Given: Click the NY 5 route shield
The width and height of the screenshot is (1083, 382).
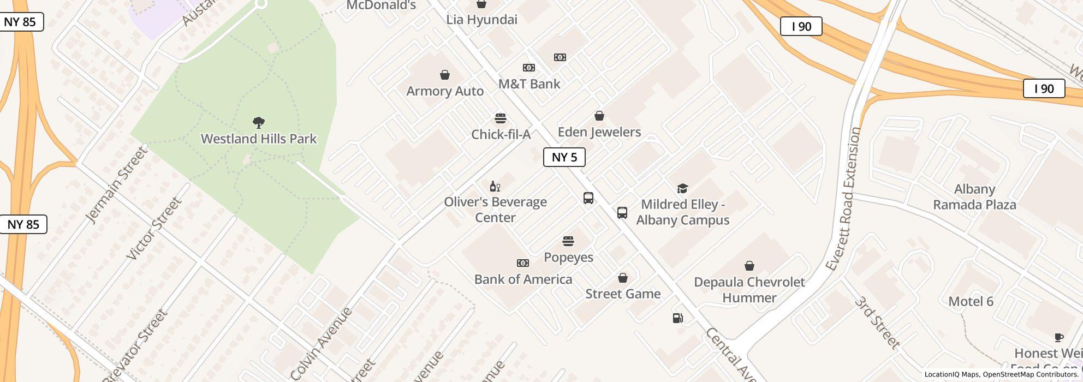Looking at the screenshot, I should click(564, 157).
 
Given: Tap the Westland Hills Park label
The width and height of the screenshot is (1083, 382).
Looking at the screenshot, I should click(259, 139).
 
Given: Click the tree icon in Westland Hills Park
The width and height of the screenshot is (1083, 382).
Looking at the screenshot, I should click(259, 122).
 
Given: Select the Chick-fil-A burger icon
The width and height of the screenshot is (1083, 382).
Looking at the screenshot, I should click(500, 118).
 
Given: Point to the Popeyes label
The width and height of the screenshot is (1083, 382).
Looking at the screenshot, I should click(568, 257).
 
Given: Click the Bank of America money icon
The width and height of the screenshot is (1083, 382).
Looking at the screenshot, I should click(522, 263).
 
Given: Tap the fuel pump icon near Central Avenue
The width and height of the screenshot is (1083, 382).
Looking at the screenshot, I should click(677, 318).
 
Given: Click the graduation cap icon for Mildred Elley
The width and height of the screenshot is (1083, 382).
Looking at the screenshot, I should click(682, 188).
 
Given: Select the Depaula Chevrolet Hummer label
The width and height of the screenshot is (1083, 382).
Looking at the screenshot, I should click(749, 290).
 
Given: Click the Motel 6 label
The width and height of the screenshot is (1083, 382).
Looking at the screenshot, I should click(971, 301).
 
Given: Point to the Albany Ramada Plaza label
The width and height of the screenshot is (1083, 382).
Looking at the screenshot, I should click(974, 197).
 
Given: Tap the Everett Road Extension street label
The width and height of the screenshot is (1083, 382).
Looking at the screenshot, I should click(843, 199).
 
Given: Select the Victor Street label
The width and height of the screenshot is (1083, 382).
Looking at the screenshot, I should click(154, 229).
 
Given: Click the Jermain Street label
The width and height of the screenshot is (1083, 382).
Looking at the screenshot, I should click(117, 184).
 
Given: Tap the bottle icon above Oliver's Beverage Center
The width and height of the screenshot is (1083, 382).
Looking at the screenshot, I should click(495, 187).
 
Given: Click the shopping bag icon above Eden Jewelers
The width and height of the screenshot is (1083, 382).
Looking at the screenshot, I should click(599, 116).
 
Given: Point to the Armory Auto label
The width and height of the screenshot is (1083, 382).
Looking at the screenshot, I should click(445, 91).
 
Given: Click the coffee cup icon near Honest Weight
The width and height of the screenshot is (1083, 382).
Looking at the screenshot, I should click(1058, 337).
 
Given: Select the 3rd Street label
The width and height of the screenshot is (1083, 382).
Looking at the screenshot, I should click(877, 323).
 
